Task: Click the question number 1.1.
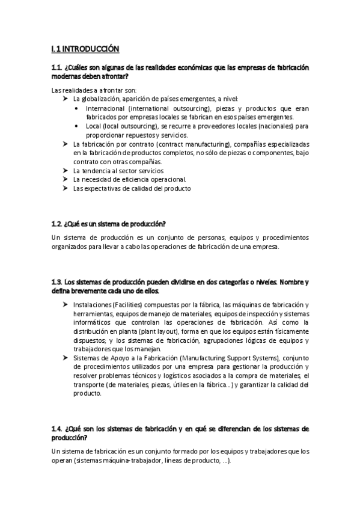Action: pos(58,68)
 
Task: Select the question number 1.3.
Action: pos(58,283)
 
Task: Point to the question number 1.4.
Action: pos(58,428)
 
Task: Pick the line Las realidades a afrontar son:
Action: pos(86,90)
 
